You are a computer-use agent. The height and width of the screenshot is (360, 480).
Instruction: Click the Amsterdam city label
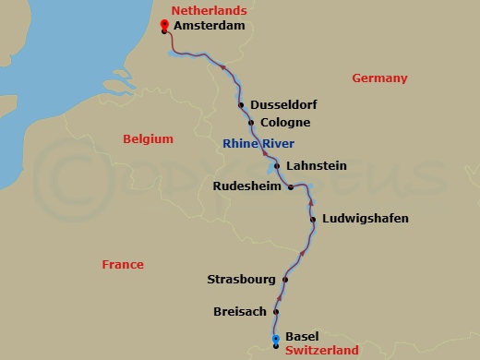[210, 28]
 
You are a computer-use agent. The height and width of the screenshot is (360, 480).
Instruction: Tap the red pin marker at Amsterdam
[164, 25]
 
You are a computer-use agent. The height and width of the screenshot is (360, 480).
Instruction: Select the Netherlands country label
[209, 10]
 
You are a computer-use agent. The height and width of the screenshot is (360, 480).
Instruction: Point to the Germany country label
[379, 78]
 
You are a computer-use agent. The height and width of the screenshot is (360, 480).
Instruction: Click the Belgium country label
[148, 139]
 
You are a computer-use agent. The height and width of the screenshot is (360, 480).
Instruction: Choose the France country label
[123, 265]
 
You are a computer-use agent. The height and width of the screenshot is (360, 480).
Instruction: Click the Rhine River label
[258, 143]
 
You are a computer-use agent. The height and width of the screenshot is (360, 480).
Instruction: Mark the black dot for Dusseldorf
[241, 105]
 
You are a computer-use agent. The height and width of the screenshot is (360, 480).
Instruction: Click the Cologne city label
[284, 123]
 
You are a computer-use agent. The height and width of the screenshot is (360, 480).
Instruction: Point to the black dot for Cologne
[251, 122]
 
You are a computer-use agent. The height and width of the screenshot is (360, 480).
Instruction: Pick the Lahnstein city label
[317, 166]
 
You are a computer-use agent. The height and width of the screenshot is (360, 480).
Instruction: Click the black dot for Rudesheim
[291, 186]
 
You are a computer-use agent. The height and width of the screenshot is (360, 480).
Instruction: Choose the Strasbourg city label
[243, 279]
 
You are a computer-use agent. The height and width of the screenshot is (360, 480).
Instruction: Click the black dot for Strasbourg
[285, 280]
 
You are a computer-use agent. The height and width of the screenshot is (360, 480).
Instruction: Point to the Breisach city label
[240, 311]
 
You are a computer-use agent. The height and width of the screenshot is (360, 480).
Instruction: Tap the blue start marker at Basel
[275, 341]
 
